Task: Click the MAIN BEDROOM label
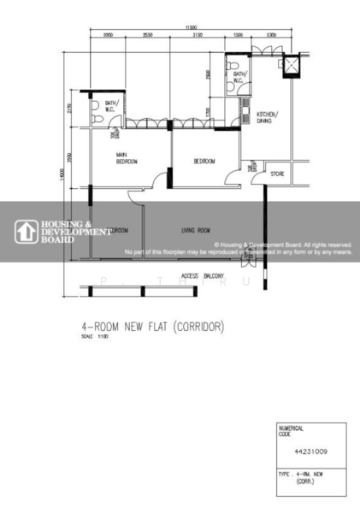(128, 158)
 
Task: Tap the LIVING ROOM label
(196, 230)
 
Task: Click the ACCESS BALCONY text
(203, 276)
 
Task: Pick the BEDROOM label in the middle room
(204, 161)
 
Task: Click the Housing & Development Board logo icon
(24, 231)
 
